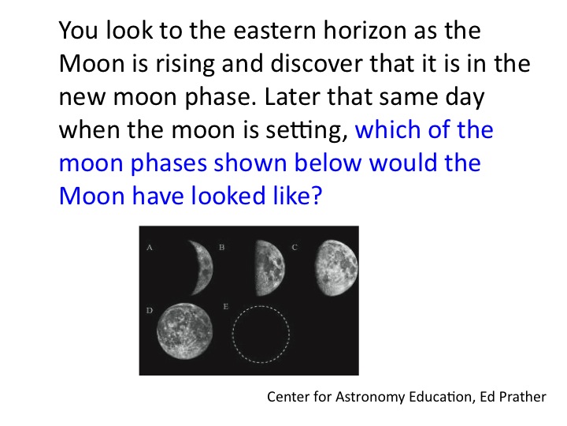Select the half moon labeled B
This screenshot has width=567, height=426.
pyautogui.click(x=270, y=268)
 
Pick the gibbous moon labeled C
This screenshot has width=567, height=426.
pyautogui.click(x=336, y=268)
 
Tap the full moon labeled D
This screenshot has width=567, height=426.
pyautogui.click(x=185, y=331)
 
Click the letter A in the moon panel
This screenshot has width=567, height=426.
pyautogui.click(x=150, y=248)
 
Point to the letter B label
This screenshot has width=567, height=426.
pyautogui.click(x=222, y=248)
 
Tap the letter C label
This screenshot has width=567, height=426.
pyautogui.click(x=295, y=248)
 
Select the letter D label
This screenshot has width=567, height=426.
pyautogui.click(x=150, y=311)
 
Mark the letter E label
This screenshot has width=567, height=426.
pyautogui.click(x=226, y=306)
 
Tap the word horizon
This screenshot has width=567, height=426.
pyautogui.click(x=365, y=30)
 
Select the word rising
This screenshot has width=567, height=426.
pyautogui.click(x=185, y=65)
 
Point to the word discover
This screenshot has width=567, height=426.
pyautogui.click(x=317, y=63)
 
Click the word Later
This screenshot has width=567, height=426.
pyautogui.click(x=292, y=97)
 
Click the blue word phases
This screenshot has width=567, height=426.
pyautogui.click(x=169, y=164)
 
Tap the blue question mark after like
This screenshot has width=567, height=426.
pyautogui.click(x=316, y=196)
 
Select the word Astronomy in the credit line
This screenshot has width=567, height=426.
pyautogui.click(x=370, y=398)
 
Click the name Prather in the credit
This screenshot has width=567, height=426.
pyautogui.click(x=523, y=397)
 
